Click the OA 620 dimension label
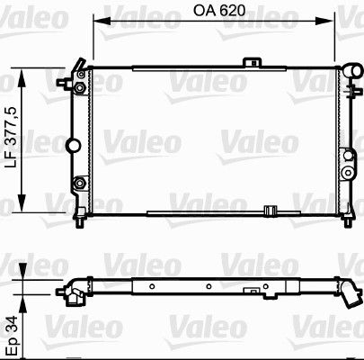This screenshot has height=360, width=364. pyautogui.click(x=219, y=11)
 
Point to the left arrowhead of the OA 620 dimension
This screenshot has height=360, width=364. pyautogui.click(x=102, y=22)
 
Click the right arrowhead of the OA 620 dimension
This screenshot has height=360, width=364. pyautogui.click(x=325, y=22)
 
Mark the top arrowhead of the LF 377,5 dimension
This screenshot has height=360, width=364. pyautogui.click(x=22, y=77)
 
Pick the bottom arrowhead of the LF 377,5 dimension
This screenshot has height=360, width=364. pyautogui.click(x=22, y=203)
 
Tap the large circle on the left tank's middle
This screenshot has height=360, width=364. pyautogui.click(x=73, y=145)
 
